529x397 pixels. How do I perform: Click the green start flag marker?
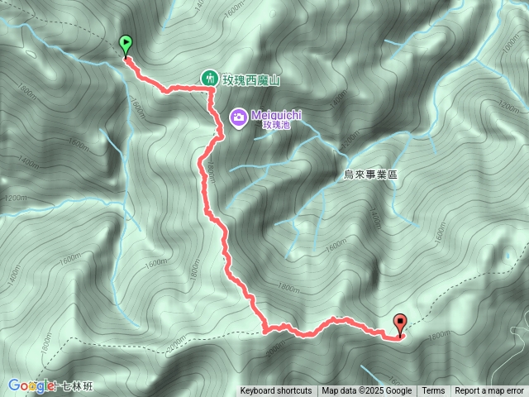(x=126, y=45)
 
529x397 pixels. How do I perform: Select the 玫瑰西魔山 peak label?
(x=251, y=79)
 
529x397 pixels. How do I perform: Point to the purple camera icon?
(x=237, y=117)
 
